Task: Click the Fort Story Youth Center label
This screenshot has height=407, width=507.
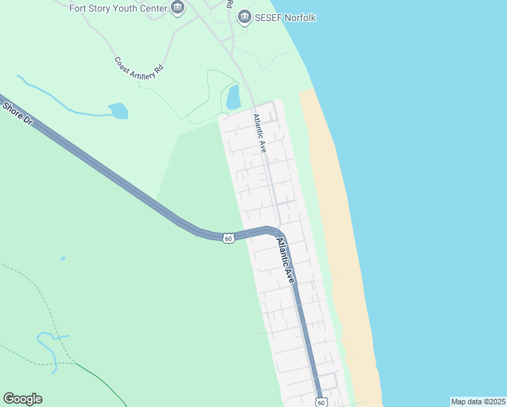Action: pyautogui.click(x=119, y=8)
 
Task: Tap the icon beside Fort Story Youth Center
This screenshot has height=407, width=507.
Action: pyautogui.click(x=178, y=8)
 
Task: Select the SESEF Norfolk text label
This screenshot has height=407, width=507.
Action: pyautogui.click(x=285, y=17)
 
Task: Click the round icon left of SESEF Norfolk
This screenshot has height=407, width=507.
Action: pyautogui.click(x=243, y=17)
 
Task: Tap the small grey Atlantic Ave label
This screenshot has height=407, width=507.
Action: pyautogui.click(x=260, y=132)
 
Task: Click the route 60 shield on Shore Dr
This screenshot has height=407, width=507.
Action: pyautogui.click(x=228, y=238)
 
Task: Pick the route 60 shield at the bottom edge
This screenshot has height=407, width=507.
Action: pyautogui.click(x=321, y=402)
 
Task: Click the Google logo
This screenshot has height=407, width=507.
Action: pyautogui.click(x=22, y=399)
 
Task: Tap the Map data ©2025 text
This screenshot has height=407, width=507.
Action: pyautogui.click(x=479, y=402)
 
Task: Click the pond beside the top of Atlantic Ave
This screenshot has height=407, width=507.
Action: pyautogui.click(x=233, y=97)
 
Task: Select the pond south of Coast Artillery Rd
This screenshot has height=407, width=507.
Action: pyautogui.click(x=119, y=111)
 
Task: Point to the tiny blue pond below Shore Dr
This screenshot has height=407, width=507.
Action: pyautogui.click(x=63, y=258)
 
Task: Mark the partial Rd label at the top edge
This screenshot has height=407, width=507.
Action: pyautogui.click(x=230, y=3)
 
